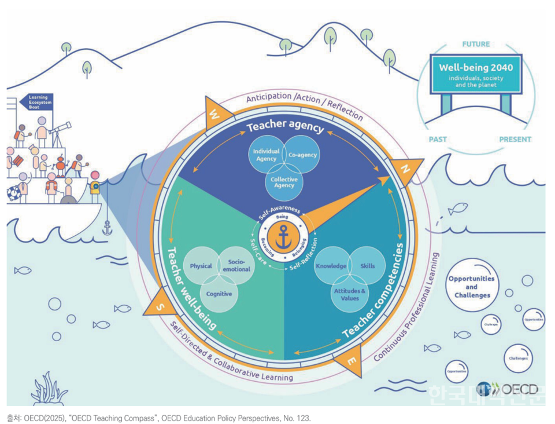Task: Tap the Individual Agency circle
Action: [265, 155]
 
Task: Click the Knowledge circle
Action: [331, 266]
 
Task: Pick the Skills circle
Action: [368, 266]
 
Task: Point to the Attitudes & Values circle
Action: [349, 294]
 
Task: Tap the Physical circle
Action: [201, 266]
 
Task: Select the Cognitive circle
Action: [219, 294]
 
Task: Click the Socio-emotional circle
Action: [236, 266]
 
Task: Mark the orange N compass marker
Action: [406, 169]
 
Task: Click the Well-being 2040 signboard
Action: [475, 75]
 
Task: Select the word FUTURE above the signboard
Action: [476, 44]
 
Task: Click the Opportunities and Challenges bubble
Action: [471, 287]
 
